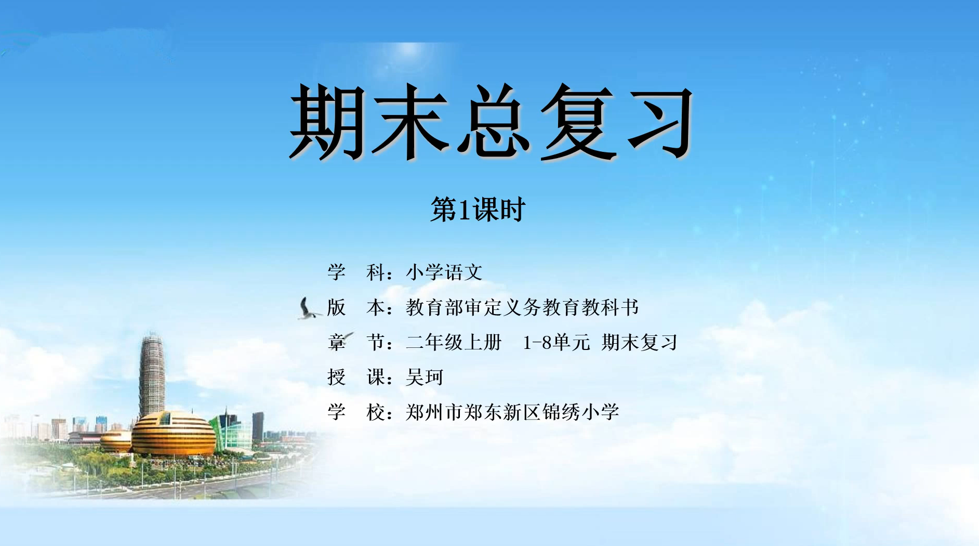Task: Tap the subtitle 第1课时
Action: click(x=478, y=210)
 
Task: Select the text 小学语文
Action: click(x=444, y=272)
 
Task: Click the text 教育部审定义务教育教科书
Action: click(x=522, y=307)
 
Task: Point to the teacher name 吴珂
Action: click(x=425, y=377)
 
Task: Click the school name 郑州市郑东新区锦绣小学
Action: click(x=512, y=412)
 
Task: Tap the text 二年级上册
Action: click(x=454, y=342)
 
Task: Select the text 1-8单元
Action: click(x=556, y=342)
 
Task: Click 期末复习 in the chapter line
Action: click(x=640, y=342)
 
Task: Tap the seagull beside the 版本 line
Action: click(x=309, y=308)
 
